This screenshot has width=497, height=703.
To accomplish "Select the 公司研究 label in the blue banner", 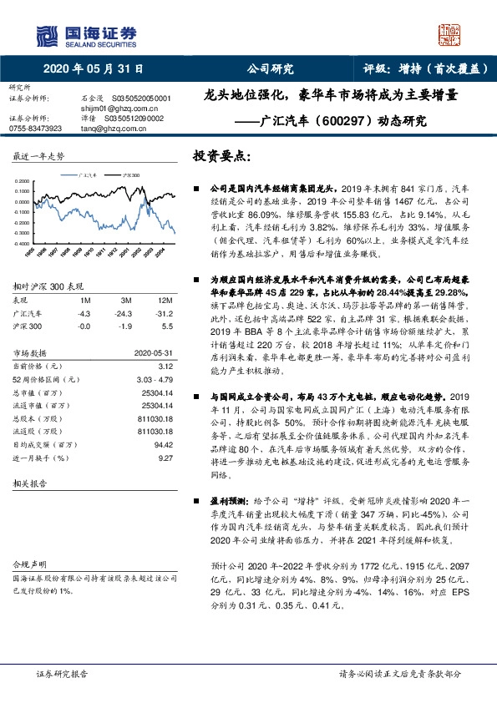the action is click(x=265, y=70).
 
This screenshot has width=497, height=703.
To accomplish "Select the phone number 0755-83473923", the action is click(x=35, y=129).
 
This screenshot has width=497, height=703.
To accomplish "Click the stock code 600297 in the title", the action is click(x=340, y=120).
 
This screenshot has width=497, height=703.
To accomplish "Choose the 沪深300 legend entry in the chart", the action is click(x=129, y=174).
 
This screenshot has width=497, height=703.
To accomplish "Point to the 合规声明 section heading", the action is click(x=26, y=564).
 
